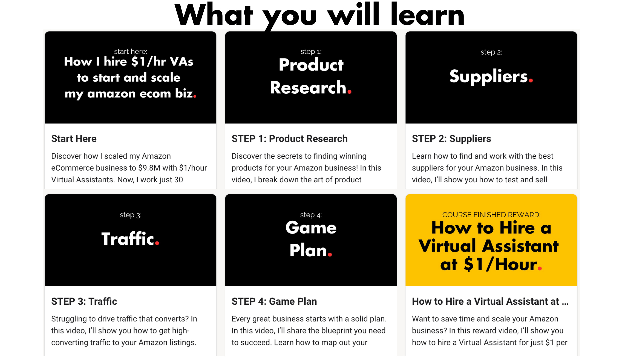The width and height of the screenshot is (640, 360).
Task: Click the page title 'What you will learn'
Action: point(319,15)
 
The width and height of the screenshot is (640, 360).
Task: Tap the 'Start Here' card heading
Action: point(74,139)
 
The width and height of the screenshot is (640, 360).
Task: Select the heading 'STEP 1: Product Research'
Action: point(289,139)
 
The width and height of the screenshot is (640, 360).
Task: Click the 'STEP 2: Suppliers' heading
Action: point(451,139)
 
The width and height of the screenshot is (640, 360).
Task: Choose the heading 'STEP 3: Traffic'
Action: point(84,301)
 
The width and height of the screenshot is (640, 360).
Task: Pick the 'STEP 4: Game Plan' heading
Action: point(274,301)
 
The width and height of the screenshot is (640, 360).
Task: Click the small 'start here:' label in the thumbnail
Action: point(130,51)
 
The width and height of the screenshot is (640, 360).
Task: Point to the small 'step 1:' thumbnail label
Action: point(311,52)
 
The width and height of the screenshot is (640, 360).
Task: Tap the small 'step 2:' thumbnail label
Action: point(491,52)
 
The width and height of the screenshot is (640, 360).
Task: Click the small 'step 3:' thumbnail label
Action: point(130,215)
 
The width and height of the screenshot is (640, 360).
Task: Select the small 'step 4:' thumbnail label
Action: point(311,215)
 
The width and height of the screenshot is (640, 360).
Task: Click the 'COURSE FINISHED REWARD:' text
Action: point(491,215)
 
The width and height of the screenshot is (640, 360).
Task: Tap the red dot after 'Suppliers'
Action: point(531,80)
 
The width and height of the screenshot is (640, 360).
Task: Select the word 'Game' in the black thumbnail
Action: point(311,228)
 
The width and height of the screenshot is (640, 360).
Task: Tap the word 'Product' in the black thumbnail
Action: point(311,65)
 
